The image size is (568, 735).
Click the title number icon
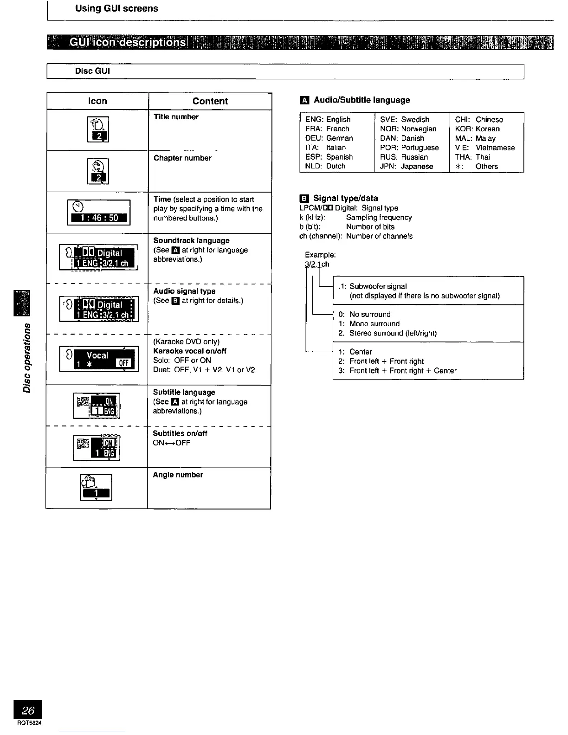[x=98, y=129]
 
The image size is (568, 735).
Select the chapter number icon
[x=98, y=171]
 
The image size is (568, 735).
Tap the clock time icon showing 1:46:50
[x=98, y=213]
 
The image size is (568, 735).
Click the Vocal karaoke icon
[x=99, y=359]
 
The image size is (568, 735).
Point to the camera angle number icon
[x=96, y=488]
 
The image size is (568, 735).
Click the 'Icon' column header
[x=97, y=101]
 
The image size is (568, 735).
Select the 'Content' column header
[x=210, y=101]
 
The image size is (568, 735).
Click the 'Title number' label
[x=176, y=117]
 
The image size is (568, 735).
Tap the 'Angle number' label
[x=178, y=475]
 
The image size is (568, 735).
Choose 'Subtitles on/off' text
[x=180, y=433]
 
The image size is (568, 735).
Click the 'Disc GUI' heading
[x=92, y=71]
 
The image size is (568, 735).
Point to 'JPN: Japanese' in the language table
[x=406, y=166]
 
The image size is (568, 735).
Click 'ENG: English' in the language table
[x=328, y=119]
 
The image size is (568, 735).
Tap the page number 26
[x=28, y=710]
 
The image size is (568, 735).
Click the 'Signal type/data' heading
[x=345, y=198]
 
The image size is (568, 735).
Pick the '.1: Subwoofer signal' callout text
[x=373, y=286]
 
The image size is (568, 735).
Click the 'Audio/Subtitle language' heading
[x=361, y=100]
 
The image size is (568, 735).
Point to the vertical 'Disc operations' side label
[x=27, y=357]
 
